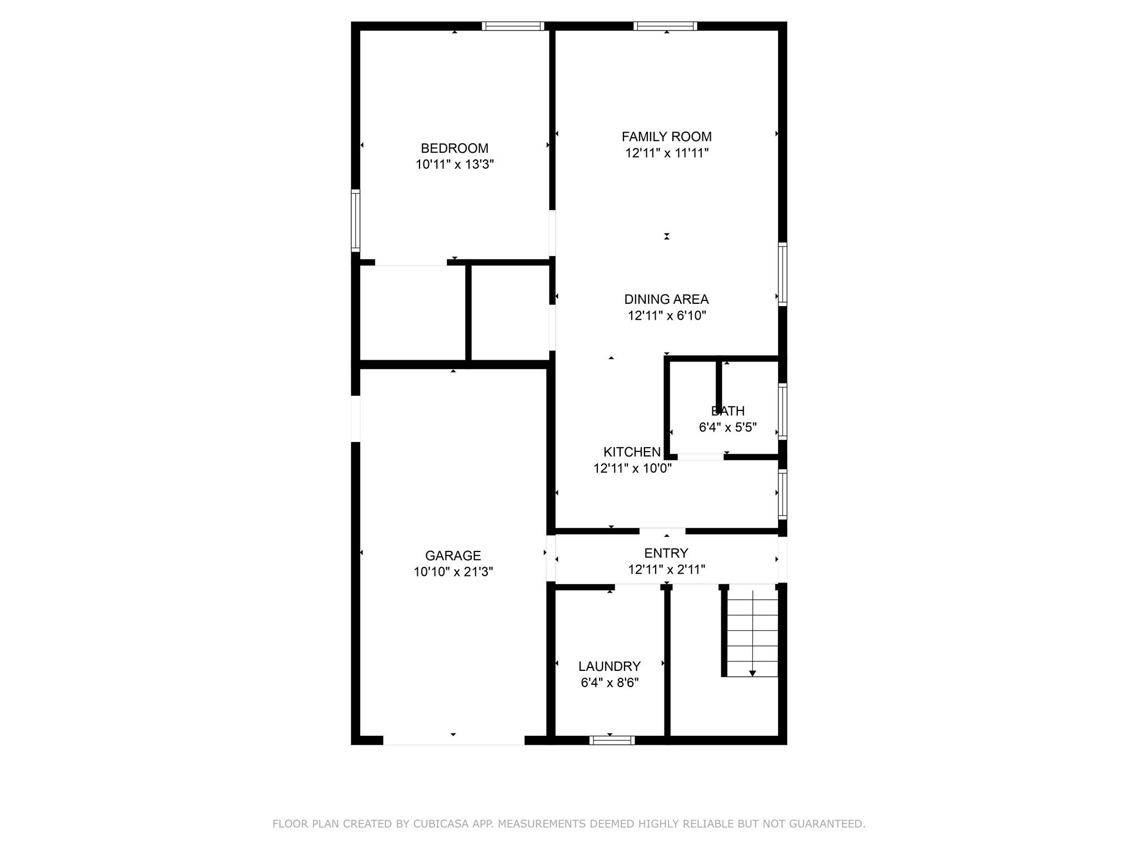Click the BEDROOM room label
coord(455,148)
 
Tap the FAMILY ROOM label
coord(666,137)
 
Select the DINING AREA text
coord(666,299)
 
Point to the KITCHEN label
coord(632,452)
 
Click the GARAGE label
coord(453,555)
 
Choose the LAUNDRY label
coord(610,666)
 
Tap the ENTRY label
coord(666,553)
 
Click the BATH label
coord(727,411)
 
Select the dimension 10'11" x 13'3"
coord(455,164)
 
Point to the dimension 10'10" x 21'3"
coord(453,571)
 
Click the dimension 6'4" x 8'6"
coord(610,683)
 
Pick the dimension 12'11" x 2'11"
coord(666,569)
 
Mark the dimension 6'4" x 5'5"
coord(727,428)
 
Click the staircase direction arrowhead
coord(752,673)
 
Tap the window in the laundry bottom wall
coord(612,740)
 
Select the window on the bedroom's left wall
coord(356,220)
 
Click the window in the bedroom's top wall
coord(512,26)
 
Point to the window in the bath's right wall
coord(782,412)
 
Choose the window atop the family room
coord(665,26)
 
